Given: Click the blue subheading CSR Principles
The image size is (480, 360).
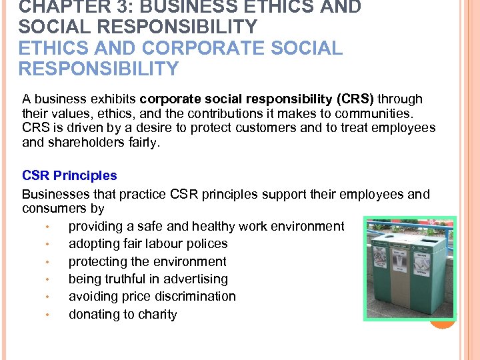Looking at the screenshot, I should coord(69,176).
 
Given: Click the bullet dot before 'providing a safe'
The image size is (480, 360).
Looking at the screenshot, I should coord(49,227).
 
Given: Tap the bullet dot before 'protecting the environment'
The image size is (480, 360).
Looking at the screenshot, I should coord(49,262).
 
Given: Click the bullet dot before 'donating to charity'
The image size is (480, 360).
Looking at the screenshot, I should coord(49,315).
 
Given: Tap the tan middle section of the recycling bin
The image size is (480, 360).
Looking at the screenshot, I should coord(398,280).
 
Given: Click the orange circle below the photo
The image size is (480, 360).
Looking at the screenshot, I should coord(442,321).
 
